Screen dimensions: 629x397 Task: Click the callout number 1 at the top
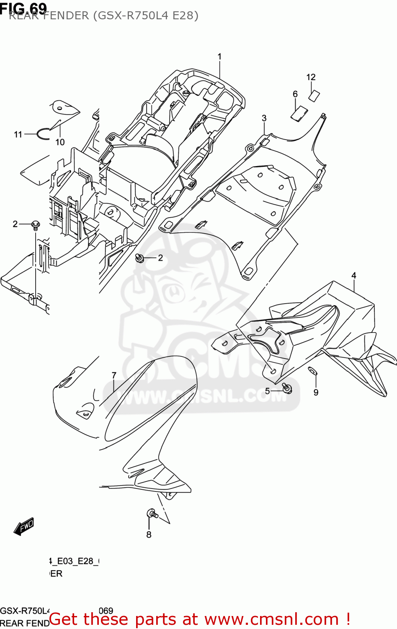[x=219, y=56]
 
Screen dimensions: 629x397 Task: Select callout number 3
[x=264, y=118]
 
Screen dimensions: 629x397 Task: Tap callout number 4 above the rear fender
[x=354, y=276]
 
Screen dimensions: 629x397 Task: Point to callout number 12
[x=311, y=77]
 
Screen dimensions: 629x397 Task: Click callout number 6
[x=295, y=94]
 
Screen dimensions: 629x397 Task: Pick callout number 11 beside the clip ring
[x=18, y=135]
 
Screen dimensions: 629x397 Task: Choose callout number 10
[x=60, y=142]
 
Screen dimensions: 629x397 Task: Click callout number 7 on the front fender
[x=114, y=375]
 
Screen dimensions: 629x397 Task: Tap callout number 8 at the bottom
[x=149, y=535]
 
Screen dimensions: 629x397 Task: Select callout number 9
[x=316, y=392]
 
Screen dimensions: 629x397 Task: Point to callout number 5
[x=267, y=391]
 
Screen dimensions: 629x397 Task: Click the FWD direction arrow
[x=24, y=527]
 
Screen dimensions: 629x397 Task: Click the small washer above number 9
[x=312, y=370]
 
